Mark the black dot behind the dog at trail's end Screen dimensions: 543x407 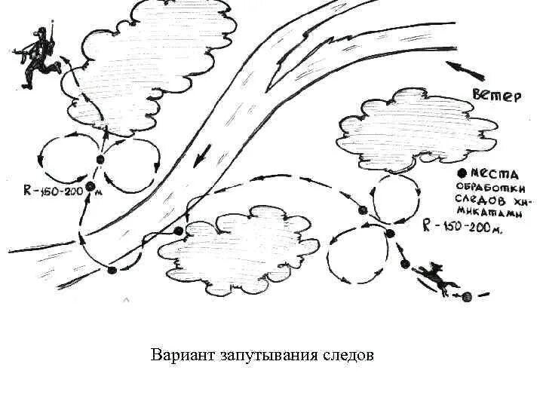click(467, 296)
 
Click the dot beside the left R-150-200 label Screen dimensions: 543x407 click(91, 186)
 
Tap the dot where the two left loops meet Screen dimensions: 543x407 click(100, 159)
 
